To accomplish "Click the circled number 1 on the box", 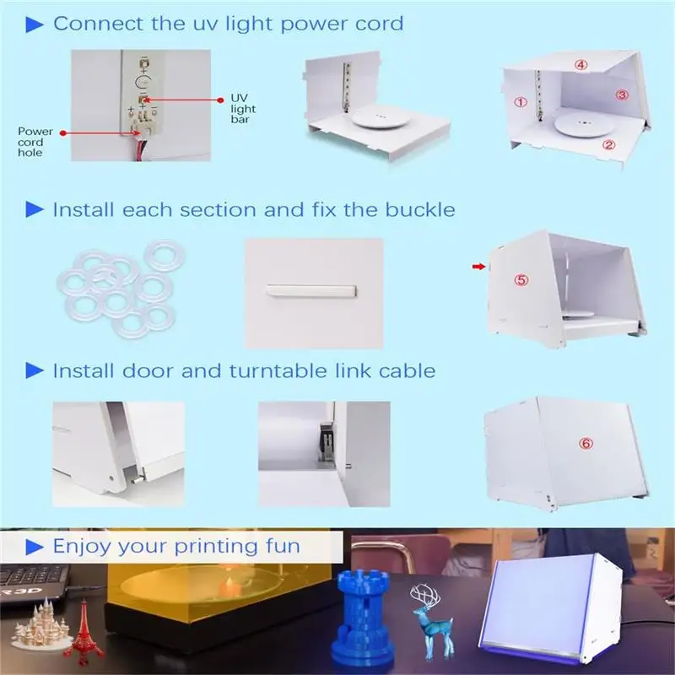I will [521, 102].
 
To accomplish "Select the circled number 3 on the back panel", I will [622, 94].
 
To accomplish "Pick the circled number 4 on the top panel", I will [581, 64].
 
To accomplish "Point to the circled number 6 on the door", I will [586, 443].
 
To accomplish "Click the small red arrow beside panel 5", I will [478, 267].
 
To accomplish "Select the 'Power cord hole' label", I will [35, 142].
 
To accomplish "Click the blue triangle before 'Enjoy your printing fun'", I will [35, 547].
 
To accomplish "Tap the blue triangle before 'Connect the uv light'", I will [35, 24].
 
